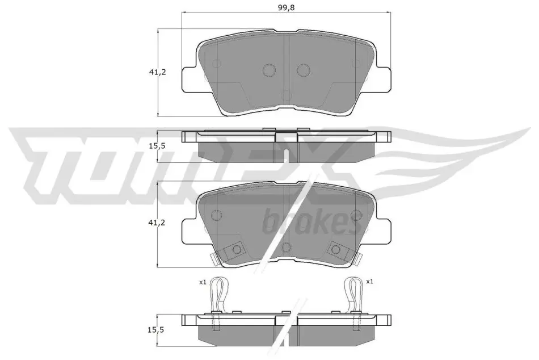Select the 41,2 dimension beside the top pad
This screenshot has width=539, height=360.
(157, 72)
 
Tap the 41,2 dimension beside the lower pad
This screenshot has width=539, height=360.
(157, 223)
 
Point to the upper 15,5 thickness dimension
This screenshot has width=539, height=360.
(157, 146)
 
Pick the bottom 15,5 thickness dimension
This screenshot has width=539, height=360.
(156, 330)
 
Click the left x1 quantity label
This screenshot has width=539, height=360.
(203, 282)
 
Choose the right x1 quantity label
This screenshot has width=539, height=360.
(369, 282)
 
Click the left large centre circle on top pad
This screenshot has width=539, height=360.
(269, 70)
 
